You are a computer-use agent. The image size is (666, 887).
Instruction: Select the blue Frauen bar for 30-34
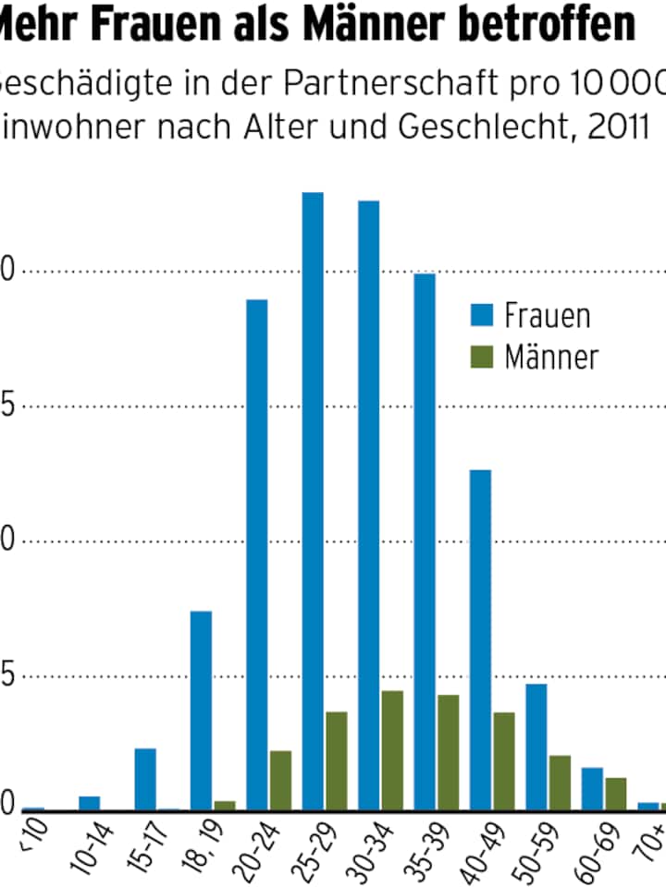coord(368,504)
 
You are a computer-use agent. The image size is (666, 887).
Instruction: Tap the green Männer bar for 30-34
coord(392,750)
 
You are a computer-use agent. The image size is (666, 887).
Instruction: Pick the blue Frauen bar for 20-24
coord(256,554)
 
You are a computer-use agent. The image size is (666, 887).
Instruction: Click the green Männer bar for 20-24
coord(280,781)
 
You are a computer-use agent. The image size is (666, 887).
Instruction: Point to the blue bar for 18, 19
coord(201,711)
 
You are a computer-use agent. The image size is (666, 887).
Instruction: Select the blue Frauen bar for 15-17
coord(145,779)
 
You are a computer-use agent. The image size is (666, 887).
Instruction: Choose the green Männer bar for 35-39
coord(449,752)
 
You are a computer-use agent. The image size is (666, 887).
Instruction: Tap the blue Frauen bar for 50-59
coord(536,747)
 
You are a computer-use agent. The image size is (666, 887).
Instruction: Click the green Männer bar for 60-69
coord(616,794)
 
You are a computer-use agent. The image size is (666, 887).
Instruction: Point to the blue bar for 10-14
coord(89,803)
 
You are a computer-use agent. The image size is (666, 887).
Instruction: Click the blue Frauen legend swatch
coord(482,315)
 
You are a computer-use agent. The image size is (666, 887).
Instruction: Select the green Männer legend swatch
coord(482,357)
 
